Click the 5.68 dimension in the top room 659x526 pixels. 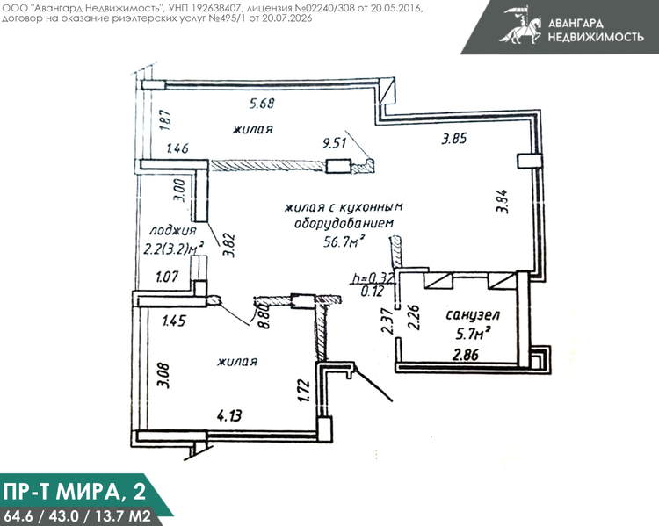[x=262, y=103]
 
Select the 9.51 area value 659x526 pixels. [x=335, y=143]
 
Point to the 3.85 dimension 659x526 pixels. [x=454, y=139]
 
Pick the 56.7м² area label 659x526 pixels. [x=343, y=241]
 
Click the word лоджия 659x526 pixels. [x=173, y=230]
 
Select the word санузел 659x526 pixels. [x=473, y=315]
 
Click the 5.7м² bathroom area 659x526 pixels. [x=474, y=335]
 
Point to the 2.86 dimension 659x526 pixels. [x=465, y=355]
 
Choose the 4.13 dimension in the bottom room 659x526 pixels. [x=229, y=416]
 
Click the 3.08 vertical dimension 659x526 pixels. [x=165, y=375]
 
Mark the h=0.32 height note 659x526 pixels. [x=373, y=278]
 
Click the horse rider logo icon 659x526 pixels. [x=521, y=25]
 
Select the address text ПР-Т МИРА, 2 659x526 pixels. [x=75, y=492]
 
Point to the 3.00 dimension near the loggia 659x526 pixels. [x=180, y=191]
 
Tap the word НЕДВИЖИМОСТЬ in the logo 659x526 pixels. [x=596, y=37]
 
